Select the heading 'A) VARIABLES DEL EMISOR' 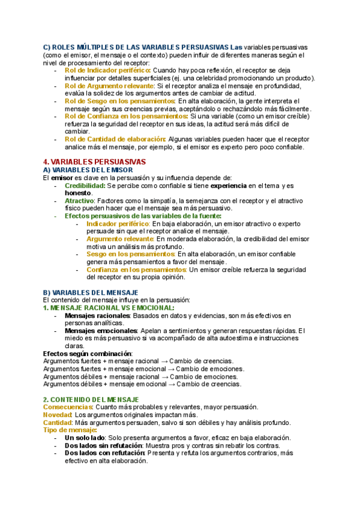pyautogui.click(x=89, y=170)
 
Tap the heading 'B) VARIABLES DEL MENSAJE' pyautogui.click(x=91, y=292)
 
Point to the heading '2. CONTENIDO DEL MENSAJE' pyautogui.click(x=91, y=399)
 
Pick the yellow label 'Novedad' pyautogui.click(x=57, y=415)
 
